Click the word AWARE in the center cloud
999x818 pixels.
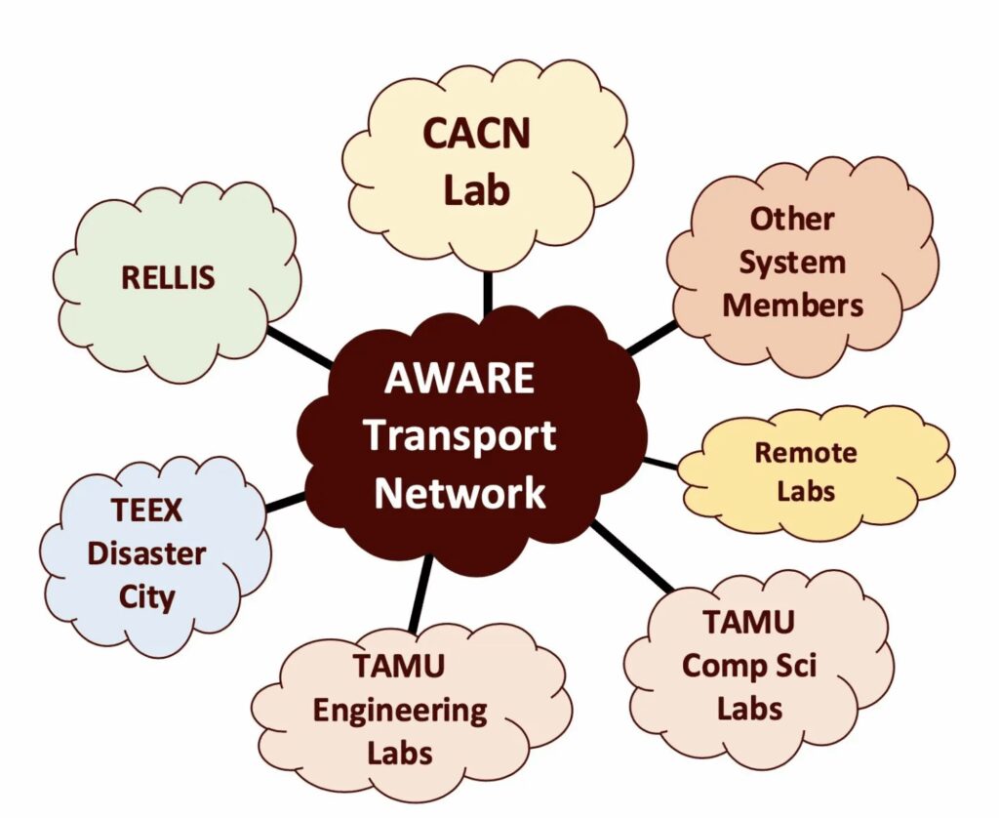point(460,378)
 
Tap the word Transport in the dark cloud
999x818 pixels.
point(460,435)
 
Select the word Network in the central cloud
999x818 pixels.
point(460,492)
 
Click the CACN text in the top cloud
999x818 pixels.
point(477,133)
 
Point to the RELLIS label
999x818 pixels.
point(168,277)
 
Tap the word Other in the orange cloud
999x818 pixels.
point(792,219)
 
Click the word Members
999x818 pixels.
point(792,305)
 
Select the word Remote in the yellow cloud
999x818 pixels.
point(806,453)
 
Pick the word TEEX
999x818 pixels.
point(147,511)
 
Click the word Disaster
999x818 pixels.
point(147,553)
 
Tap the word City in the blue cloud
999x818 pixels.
point(147,595)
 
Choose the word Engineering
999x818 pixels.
point(399,710)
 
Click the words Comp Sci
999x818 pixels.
point(749,666)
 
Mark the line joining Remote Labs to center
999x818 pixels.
point(661,462)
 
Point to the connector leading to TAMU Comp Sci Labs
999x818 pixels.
point(632,557)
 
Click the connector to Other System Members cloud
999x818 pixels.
point(651,338)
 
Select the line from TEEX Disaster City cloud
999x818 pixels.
point(286,502)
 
